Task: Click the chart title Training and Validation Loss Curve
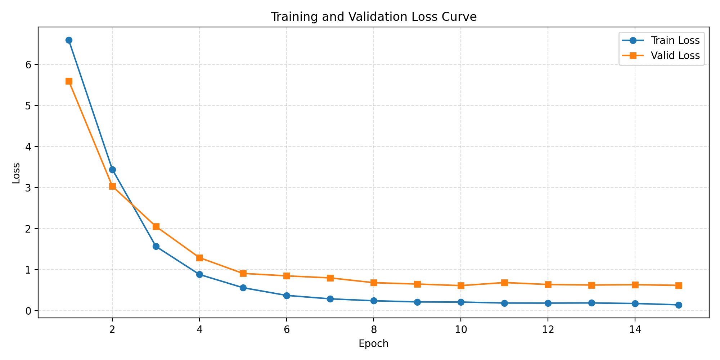coord(374,17)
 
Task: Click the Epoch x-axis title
coord(374,343)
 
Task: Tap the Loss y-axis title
coord(16,173)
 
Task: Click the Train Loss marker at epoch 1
coord(69,40)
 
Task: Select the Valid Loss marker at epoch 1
coord(69,81)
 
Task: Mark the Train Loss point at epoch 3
coord(156,246)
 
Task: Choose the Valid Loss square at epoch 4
coord(199,258)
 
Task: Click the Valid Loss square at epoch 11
coord(504,283)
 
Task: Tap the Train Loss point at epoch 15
coord(679,305)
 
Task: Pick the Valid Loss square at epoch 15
coord(679,285)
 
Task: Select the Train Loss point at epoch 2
coord(112,170)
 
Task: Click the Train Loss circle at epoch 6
coord(287,296)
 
